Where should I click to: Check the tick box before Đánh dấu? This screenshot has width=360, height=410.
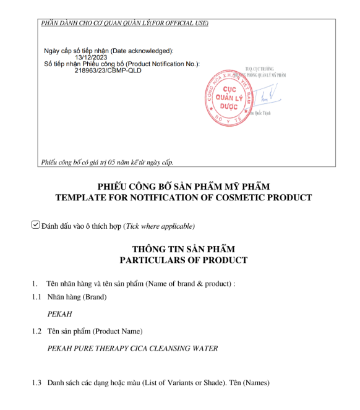pyautogui.click(x=36, y=225)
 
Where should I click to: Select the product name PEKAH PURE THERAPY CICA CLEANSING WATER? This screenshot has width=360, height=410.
pyautogui.click(x=132, y=348)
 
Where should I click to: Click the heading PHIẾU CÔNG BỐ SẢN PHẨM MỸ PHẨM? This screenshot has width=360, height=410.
pyautogui.click(x=183, y=187)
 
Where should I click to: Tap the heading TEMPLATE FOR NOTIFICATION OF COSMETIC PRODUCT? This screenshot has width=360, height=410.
pyautogui.click(x=183, y=197)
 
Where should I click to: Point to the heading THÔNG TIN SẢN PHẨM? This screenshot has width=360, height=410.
pyautogui.click(x=183, y=249)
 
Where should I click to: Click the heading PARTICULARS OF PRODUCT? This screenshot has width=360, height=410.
pyautogui.click(x=183, y=260)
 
